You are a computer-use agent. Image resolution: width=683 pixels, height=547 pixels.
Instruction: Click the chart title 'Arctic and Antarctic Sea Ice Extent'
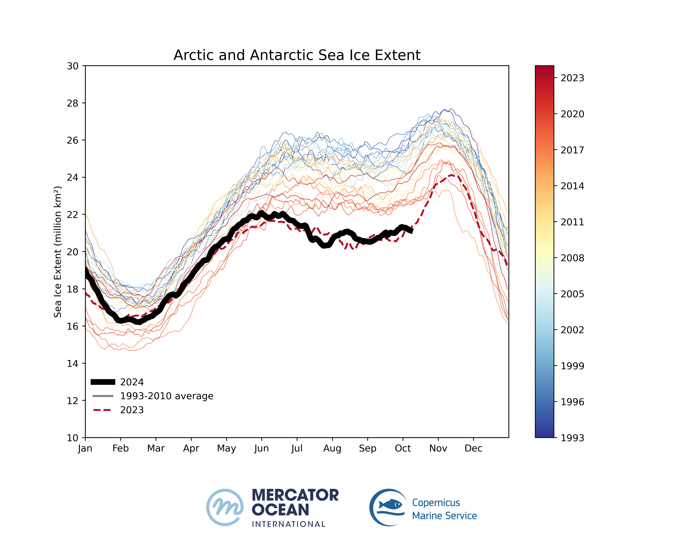297,55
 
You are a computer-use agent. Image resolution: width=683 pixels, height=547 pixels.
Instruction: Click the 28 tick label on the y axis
73,103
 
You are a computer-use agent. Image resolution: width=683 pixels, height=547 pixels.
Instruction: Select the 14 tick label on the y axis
73,363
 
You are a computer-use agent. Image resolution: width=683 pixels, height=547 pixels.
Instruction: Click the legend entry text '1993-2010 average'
167,396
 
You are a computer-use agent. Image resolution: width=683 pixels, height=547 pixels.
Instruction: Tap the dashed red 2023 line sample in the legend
102,410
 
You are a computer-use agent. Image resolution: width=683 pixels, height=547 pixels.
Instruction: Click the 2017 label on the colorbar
572,150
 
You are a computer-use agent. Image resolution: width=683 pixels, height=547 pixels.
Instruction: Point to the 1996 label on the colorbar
572,402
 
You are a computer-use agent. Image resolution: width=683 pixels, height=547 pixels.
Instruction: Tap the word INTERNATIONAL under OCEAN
288,524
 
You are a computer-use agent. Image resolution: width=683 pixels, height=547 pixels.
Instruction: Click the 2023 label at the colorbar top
572,78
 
